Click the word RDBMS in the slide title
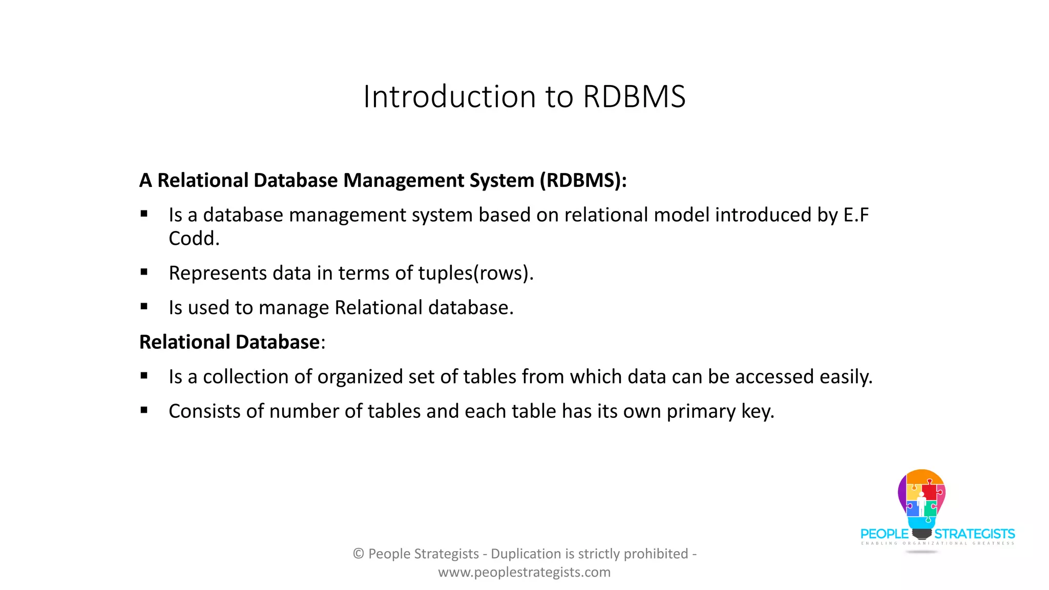coord(634,96)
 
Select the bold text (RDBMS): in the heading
coord(583,180)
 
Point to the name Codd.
coord(194,238)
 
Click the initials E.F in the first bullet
coord(856,215)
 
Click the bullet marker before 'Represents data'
coord(144,272)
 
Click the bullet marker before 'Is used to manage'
coord(144,306)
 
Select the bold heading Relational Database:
coord(232,342)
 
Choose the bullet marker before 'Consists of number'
coord(144,410)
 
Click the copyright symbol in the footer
coord(359,554)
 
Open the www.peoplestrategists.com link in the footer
coord(524,572)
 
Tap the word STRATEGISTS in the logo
coord(974,534)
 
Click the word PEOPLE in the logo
coord(885,534)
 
